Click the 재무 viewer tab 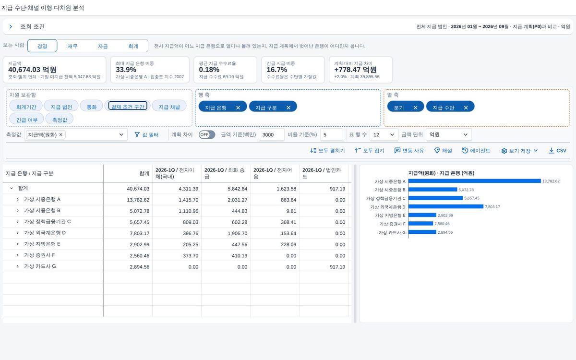point(72,46)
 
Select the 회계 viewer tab point(133,46)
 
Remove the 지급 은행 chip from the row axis point(238,108)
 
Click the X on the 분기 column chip point(415,108)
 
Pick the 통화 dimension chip point(92,107)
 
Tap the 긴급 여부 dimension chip point(27,120)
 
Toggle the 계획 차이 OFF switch point(207,134)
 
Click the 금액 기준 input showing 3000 point(272,135)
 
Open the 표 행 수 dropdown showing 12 point(384,135)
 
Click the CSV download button point(557,151)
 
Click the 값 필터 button point(146,135)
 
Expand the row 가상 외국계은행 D point(17,233)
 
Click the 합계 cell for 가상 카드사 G point(139,267)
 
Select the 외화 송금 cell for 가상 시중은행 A point(237,200)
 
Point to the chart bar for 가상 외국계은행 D point(446,206)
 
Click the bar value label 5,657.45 point(472,198)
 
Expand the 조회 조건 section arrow point(11,27)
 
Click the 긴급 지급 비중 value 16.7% point(276,70)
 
